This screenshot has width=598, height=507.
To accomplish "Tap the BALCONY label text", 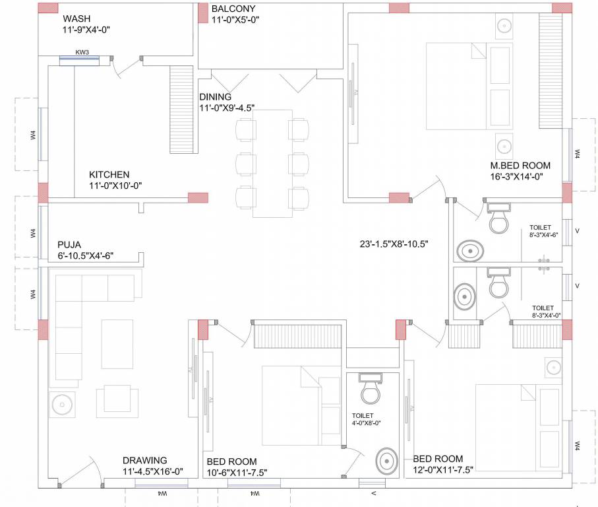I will pyautogui.click(x=233, y=9).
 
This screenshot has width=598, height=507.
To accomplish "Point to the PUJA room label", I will pyautogui.click(x=69, y=244).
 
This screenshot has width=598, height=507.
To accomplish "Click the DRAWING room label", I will pyautogui.click(x=145, y=460).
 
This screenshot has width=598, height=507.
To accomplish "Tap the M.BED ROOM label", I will pyautogui.click(x=520, y=165).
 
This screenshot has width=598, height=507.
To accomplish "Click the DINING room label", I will pyautogui.click(x=216, y=97).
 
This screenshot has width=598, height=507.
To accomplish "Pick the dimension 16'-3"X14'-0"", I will pyautogui.click(x=516, y=176).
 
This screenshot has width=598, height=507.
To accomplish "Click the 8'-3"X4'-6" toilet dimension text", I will pyautogui.click(x=544, y=234).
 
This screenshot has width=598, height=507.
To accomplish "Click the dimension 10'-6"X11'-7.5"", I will pyautogui.click(x=237, y=472).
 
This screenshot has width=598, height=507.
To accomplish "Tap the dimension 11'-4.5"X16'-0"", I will pyautogui.click(x=152, y=471).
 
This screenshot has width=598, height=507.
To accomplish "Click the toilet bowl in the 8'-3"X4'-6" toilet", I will pyautogui.click(x=498, y=218).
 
